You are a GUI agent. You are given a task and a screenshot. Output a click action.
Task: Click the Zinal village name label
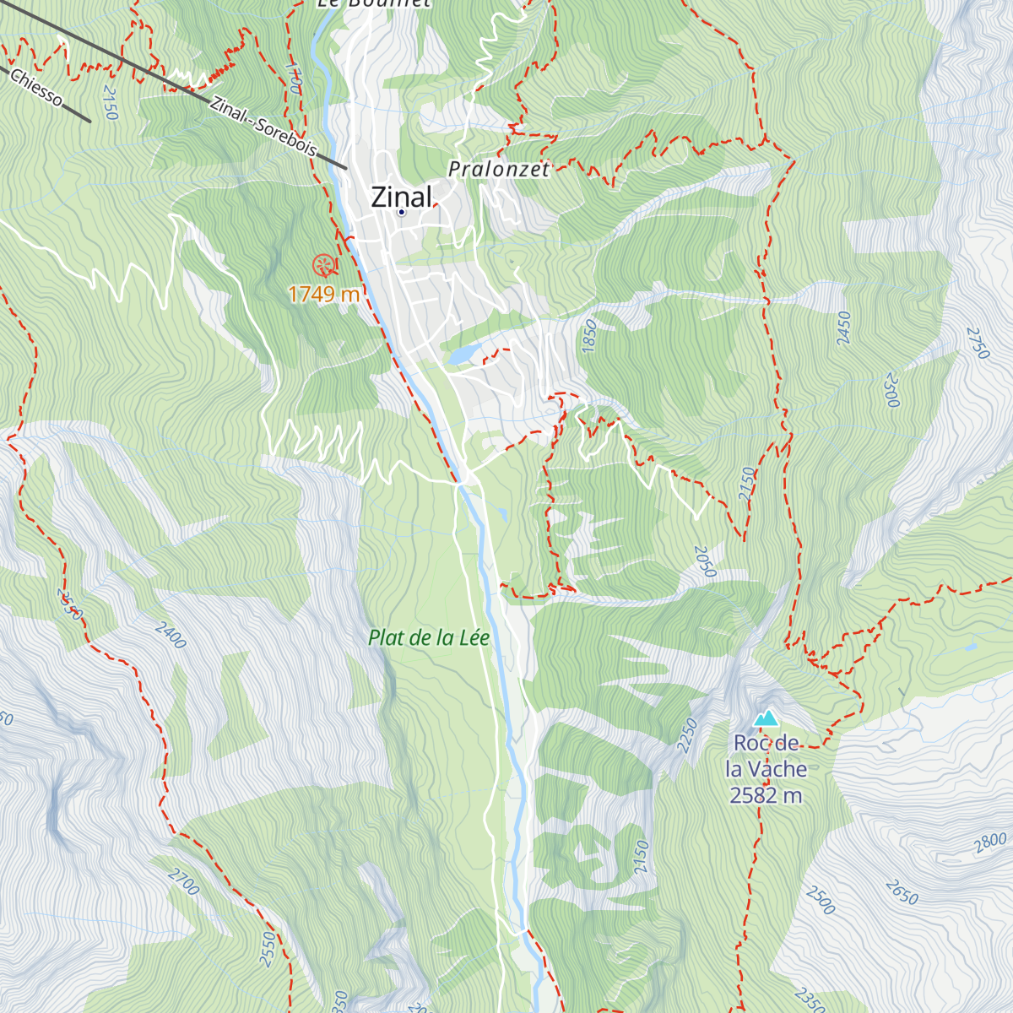(402, 196)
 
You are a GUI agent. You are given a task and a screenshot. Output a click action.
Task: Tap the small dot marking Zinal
(402, 212)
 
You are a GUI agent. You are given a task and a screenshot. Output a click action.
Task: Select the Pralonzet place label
(499, 169)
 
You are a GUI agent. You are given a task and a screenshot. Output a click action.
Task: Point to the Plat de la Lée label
(429, 638)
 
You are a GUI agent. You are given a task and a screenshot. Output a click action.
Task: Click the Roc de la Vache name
(767, 756)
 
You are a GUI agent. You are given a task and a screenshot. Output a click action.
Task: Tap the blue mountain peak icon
(766, 718)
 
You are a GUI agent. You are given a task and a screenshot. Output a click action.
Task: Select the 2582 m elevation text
(767, 795)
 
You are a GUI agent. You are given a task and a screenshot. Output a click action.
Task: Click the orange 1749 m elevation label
(324, 295)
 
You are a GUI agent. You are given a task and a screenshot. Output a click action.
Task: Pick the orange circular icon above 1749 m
(323, 266)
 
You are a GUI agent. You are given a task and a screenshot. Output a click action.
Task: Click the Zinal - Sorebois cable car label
(263, 127)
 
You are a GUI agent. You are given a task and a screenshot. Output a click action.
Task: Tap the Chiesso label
(36, 89)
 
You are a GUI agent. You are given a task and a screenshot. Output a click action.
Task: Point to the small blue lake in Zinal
(463, 355)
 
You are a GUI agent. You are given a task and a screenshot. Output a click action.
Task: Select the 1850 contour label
(589, 335)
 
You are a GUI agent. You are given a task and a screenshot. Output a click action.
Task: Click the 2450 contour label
(843, 328)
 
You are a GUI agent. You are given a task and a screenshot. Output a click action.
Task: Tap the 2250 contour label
(688, 734)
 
